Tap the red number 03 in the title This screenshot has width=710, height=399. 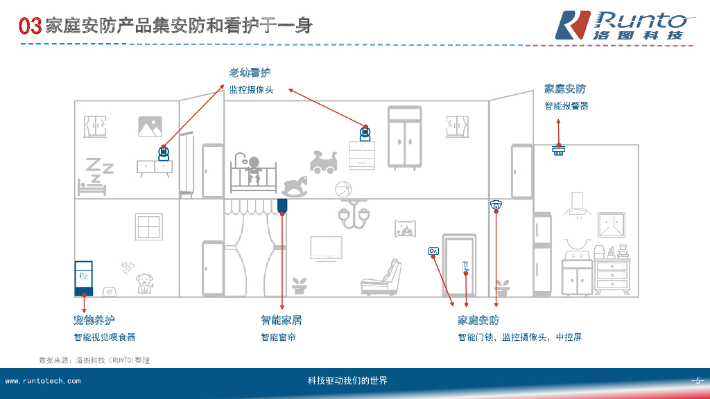point(31,27)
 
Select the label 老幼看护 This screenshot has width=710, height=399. point(250,73)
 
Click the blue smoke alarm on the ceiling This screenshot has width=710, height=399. point(559,150)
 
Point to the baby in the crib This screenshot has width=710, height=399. point(254,170)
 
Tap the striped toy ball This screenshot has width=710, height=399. point(343,189)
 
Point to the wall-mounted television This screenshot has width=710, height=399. point(325,248)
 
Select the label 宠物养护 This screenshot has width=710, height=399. point(94,320)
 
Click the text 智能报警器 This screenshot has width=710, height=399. point(566,106)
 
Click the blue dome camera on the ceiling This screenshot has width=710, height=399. point(496,204)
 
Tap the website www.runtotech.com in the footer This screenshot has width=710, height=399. point(42,381)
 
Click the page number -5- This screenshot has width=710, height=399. point(697,381)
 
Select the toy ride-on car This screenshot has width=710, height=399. point(323,162)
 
